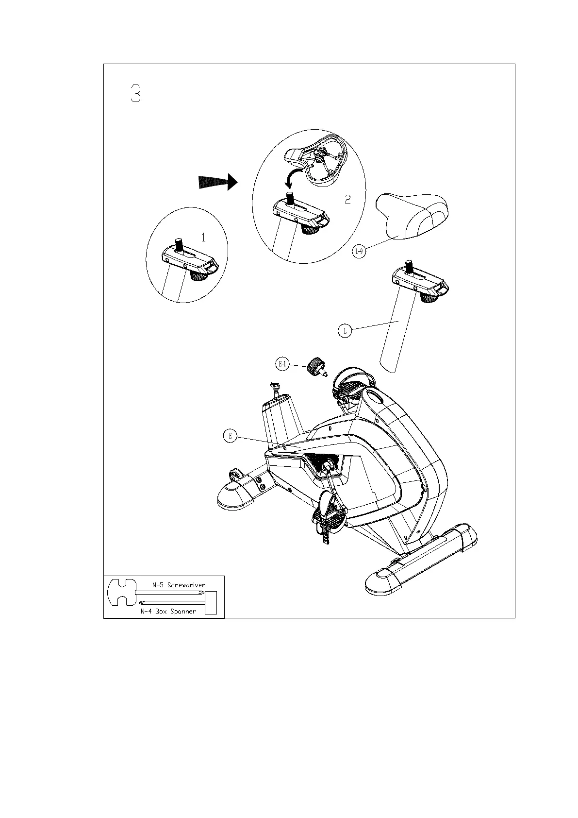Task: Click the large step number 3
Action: [x=135, y=93]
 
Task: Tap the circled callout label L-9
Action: [x=359, y=251]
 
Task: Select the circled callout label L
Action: [x=345, y=331]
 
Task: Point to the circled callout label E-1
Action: [x=282, y=363]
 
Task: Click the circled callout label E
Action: [x=231, y=436]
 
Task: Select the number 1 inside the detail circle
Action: [x=204, y=238]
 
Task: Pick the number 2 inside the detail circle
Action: [x=347, y=199]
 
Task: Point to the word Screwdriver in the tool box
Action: [x=186, y=585]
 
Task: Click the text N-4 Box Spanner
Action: [x=168, y=612]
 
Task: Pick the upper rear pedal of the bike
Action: [x=349, y=384]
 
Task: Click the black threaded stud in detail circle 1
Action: [x=179, y=243]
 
